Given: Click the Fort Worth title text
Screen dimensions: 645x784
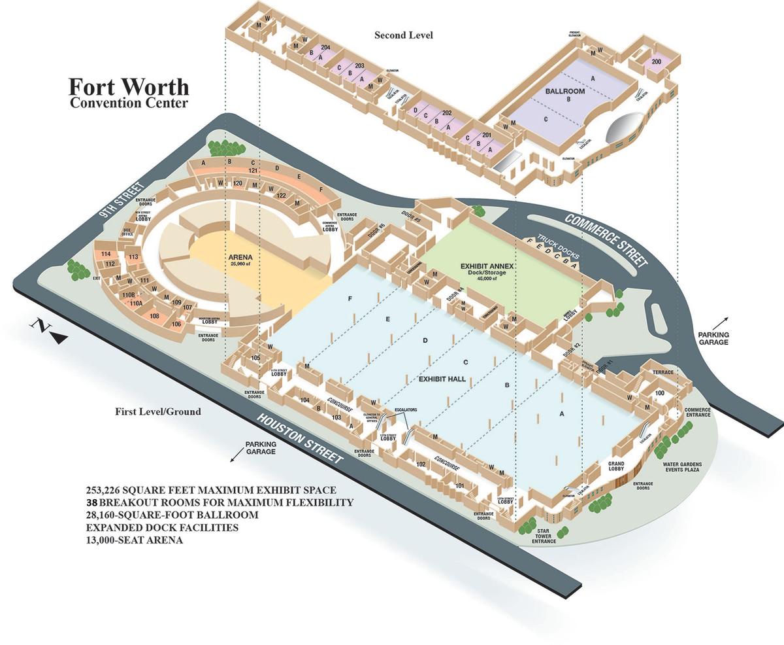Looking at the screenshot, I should point(129,87).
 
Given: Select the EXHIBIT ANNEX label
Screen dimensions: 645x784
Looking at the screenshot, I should point(489,266).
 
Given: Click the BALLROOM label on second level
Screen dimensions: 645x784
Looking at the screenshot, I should point(565,92).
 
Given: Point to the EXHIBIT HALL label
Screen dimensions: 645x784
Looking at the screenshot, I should point(441,379).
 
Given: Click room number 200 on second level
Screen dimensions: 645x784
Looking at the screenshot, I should point(656,61).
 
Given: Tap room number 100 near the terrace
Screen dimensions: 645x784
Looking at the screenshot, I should point(659,392).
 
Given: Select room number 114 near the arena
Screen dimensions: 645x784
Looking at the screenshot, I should point(105,254).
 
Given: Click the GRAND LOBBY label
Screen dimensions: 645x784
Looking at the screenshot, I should point(616,466).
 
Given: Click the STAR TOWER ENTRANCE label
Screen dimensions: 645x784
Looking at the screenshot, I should point(544,536).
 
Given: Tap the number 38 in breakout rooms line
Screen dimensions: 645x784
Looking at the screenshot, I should point(92,502).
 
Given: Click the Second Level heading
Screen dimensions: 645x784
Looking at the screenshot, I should point(403,35).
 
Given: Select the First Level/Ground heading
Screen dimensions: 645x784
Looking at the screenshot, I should point(157,411).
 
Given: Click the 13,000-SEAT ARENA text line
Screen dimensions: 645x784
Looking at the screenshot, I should point(135,540).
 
